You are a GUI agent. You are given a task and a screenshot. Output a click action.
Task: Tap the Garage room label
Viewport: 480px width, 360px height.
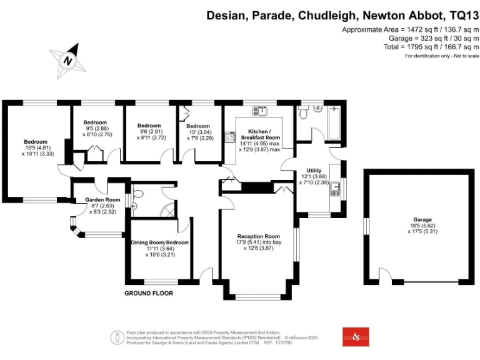click(x=422, y=220)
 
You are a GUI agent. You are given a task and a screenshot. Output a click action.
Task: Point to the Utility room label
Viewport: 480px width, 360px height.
click(x=313, y=170)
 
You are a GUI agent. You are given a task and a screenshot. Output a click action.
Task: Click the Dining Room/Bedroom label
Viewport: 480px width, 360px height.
click(x=159, y=242)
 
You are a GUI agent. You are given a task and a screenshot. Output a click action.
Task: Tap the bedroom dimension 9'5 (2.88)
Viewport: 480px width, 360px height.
click(x=96, y=128)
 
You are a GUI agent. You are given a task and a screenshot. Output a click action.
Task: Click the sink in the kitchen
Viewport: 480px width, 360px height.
click(x=260, y=111)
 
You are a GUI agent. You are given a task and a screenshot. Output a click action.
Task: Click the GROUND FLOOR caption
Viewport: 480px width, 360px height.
click(x=148, y=293)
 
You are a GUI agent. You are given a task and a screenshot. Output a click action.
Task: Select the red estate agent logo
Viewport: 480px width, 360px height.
click(x=356, y=337)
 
